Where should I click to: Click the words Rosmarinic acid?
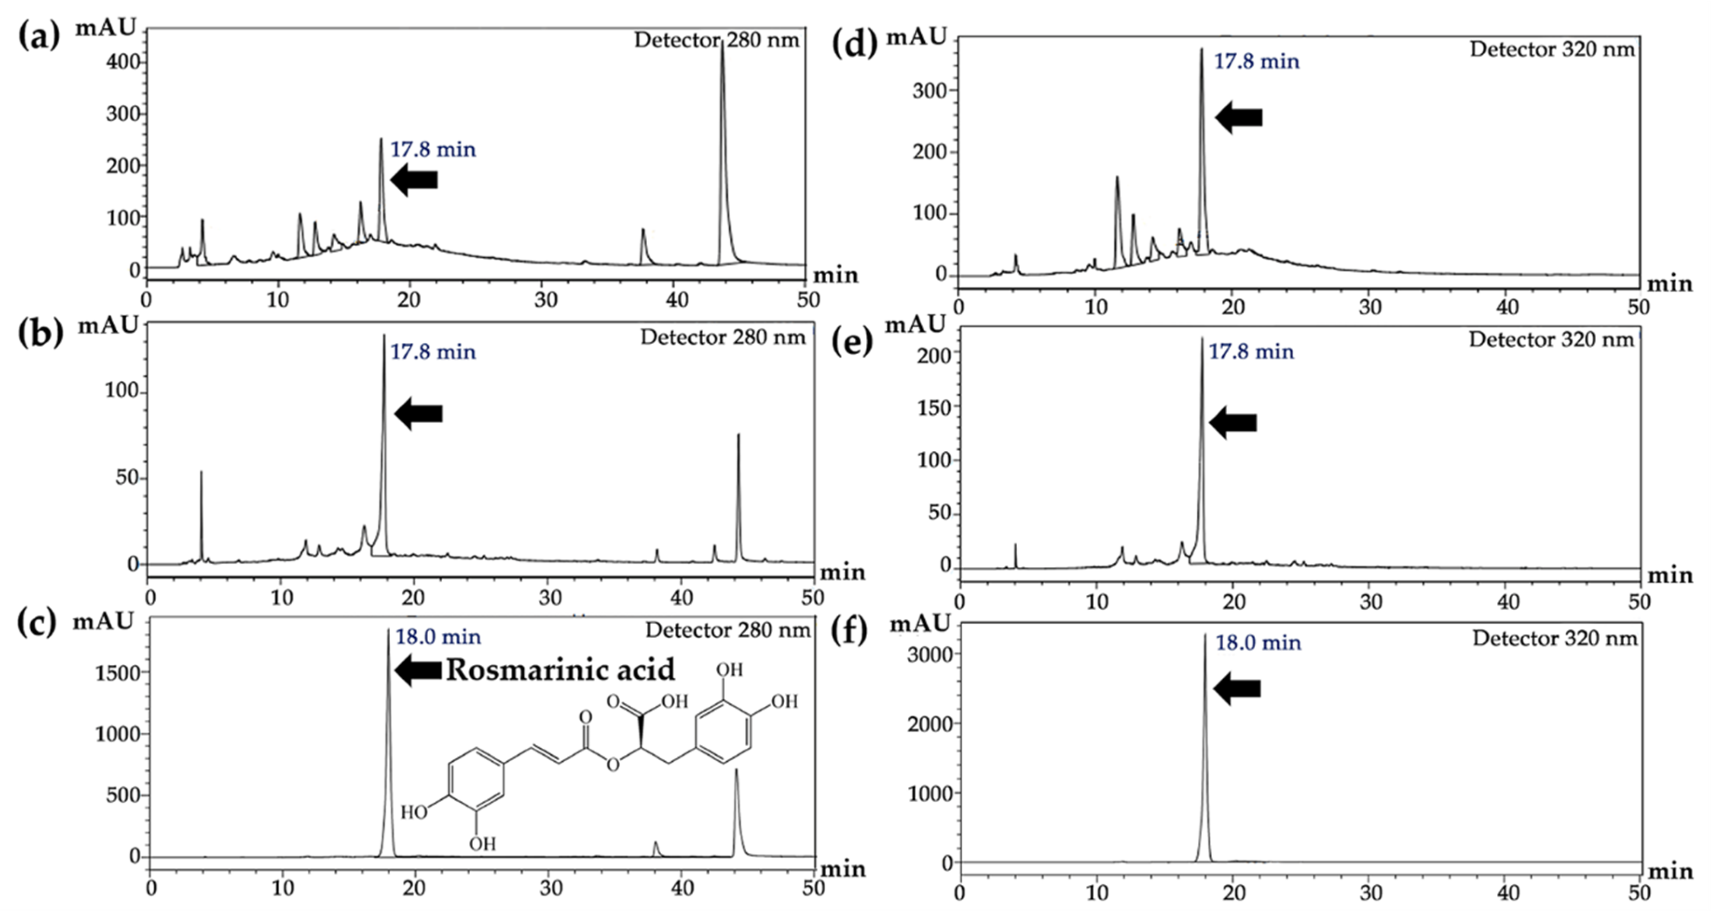560,669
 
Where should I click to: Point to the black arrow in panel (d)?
1238,117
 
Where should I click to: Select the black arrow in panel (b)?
418,414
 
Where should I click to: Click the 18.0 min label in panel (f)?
1258,642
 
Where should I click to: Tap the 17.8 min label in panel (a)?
432,149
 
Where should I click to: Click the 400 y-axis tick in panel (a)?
123,62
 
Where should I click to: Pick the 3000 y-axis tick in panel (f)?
930,654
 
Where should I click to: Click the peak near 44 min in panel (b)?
738,436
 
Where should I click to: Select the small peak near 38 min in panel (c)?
656,843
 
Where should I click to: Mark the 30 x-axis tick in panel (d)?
1370,307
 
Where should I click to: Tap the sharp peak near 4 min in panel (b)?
201,472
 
